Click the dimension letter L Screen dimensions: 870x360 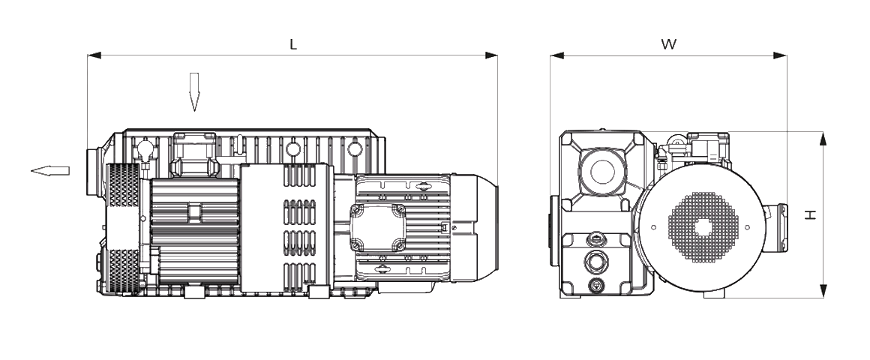pos(293,45)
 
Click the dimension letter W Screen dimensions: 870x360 pos(668,45)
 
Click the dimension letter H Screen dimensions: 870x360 pos(811,214)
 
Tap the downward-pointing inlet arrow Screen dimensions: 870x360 pos(194,92)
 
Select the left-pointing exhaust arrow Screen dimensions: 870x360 pos(50,171)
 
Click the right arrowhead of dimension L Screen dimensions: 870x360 pos(491,55)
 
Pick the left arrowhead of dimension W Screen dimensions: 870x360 pos(557,55)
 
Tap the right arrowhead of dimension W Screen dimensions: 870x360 pos(780,55)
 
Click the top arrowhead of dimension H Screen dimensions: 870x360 pos(823,139)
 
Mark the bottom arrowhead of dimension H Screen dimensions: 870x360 pos(823,291)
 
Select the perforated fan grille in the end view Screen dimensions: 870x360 pos(703,227)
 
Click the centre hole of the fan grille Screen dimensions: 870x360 pos(703,227)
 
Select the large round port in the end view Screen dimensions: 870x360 pos(602,171)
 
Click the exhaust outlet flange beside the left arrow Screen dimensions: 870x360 pos(91,172)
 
